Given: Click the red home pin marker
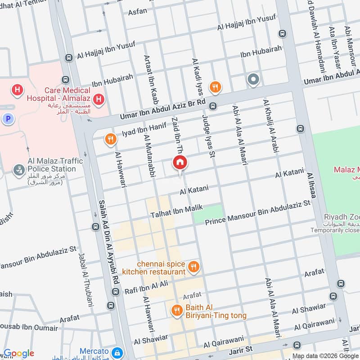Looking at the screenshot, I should click(180, 163).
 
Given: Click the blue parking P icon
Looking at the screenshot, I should click(7, 119).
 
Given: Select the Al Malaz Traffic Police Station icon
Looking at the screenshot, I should click(18, 170).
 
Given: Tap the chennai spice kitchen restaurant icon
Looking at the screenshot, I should click(193, 267).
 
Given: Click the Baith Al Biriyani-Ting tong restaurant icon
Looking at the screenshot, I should click(176, 310).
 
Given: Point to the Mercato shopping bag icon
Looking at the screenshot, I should click(117, 352).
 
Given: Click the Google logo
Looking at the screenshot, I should click(18, 353).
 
